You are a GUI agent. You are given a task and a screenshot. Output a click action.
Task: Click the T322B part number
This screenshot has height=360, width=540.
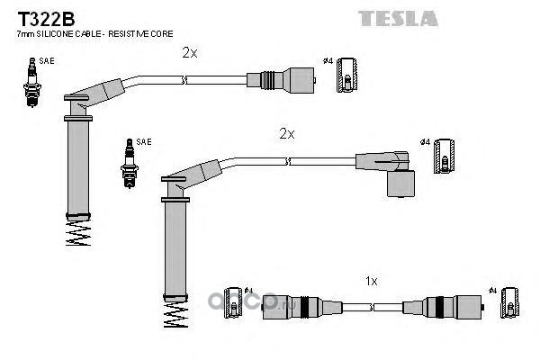[x=40, y=15]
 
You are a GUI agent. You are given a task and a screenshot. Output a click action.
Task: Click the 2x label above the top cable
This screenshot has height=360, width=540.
[x=189, y=53]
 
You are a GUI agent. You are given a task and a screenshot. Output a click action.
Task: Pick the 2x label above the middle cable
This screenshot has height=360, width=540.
[x=286, y=133]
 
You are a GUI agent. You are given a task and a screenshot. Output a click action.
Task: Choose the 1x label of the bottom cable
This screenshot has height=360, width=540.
[x=372, y=281]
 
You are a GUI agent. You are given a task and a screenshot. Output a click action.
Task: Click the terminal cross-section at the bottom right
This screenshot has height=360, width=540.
[x=510, y=303]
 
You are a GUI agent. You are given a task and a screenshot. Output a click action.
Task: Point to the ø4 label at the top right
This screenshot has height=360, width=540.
[x=327, y=61]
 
